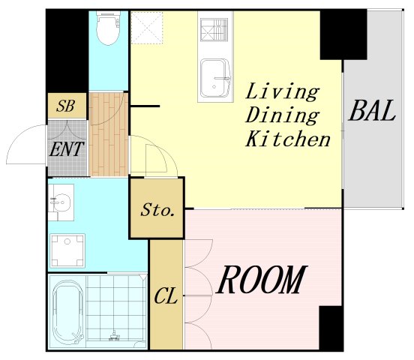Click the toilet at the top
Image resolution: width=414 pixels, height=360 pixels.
(108, 28)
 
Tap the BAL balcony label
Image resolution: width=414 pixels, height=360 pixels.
(372, 111)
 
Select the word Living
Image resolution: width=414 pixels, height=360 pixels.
(282, 91)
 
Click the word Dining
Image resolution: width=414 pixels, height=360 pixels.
(282, 115)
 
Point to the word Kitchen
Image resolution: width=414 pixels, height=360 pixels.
(288, 139)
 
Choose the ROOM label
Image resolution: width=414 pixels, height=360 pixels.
(262, 280)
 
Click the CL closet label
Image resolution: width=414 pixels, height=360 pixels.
(166, 295)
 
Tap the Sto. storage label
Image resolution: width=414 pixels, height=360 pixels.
(157, 210)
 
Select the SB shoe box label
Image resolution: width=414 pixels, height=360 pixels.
(65, 106)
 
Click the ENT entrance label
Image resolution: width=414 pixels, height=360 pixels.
(67, 149)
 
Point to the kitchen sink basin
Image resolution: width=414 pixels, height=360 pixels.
(215, 79)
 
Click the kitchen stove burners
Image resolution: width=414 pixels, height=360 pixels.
(214, 29)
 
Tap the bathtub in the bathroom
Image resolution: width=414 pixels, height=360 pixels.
(68, 312)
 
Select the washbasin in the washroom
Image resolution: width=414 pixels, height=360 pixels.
(61, 202)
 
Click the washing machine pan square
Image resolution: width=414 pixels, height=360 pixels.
(67, 250)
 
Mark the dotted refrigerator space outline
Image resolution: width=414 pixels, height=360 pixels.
(147, 28)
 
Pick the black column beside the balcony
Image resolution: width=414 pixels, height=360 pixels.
(343, 34)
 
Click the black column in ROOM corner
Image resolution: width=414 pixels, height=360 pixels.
(331, 328)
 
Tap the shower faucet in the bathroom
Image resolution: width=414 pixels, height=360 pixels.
(115, 335)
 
